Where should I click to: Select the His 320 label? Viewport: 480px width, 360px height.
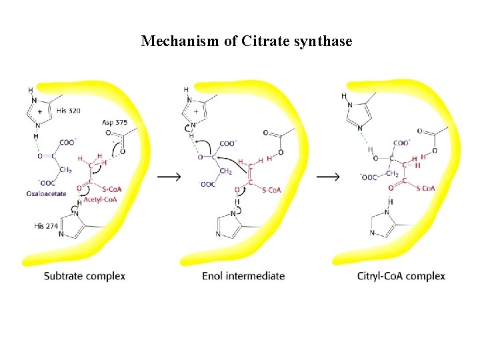tap(69, 111)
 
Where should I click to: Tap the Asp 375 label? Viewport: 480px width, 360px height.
tap(115, 123)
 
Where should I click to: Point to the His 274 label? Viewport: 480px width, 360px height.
tap(47, 226)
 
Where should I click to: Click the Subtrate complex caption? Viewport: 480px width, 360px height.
tap(85, 276)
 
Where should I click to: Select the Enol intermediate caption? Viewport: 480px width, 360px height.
tap(243, 276)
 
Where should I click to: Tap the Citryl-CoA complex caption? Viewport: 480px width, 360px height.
tap(401, 276)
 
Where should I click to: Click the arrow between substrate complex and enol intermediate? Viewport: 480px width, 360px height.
tap(168, 177)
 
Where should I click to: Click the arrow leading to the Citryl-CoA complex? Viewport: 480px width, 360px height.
tap(327, 177)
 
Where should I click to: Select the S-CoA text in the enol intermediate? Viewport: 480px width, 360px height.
tap(271, 190)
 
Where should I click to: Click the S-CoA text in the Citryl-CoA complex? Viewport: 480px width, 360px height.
tap(426, 189)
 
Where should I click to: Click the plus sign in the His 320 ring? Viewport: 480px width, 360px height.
tap(39, 112)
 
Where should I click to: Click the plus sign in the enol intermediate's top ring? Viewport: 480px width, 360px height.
tap(195, 112)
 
